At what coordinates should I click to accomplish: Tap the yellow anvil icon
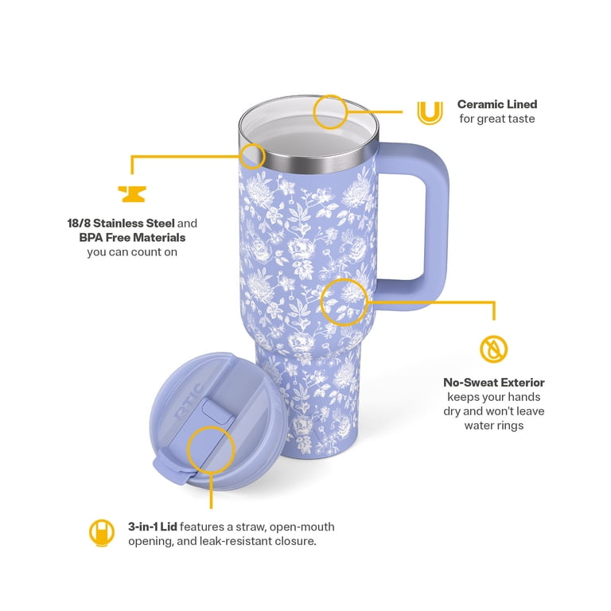132,194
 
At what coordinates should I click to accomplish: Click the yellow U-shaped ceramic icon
430,113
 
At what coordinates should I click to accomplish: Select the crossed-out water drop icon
493,348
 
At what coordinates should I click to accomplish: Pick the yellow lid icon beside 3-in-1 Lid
102,533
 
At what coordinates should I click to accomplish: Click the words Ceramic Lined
497,104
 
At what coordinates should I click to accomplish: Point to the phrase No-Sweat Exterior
494,382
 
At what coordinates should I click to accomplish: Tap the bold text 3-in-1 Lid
153,527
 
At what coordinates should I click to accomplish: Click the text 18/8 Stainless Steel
121,224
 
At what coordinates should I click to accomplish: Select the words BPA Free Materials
132,237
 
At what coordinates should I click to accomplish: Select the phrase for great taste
496,119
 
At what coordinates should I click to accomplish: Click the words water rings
494,426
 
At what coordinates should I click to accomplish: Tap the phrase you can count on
132,252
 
